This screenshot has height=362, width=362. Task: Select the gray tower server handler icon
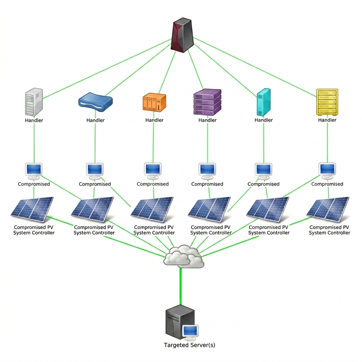pos(34,102)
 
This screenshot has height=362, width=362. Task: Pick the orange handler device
pos(154,103)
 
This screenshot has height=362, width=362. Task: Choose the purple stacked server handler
pos(208,102)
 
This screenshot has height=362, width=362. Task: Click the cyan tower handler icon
pos(263,102)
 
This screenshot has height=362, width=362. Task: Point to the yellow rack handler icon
pos(327,102)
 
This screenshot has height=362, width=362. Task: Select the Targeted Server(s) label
pos(189,345)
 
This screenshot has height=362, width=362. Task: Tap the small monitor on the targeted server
pos(191,331)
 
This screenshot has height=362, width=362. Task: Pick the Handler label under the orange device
pos(154,120)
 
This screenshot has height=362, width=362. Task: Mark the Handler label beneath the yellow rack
pos(327,120)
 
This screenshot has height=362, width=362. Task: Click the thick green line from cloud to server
pos(181,286)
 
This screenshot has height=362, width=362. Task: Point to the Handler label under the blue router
pos(95,120)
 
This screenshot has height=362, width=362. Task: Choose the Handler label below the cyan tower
pos(264,120)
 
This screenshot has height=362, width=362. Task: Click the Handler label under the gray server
pos(34,120)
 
